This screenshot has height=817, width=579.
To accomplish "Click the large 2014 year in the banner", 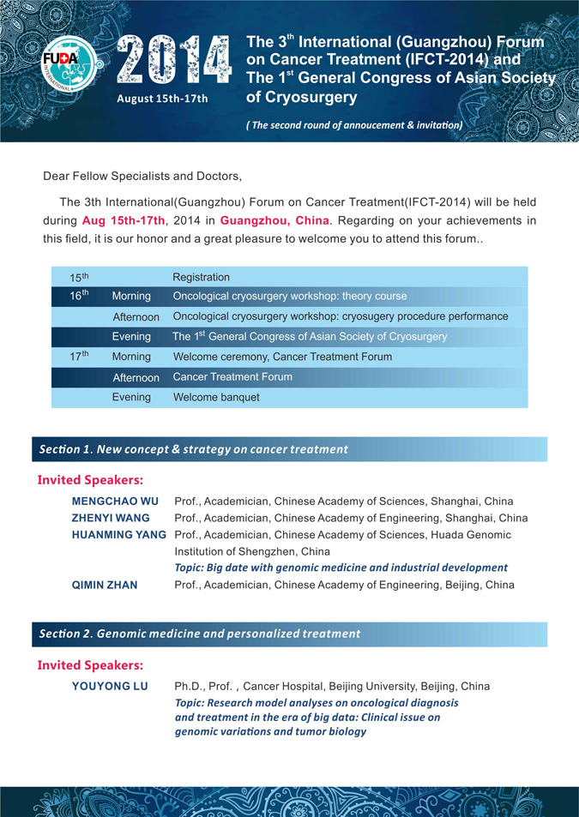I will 174,61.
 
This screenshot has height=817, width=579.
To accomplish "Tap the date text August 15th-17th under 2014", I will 163,99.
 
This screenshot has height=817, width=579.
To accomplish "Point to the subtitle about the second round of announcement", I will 354,125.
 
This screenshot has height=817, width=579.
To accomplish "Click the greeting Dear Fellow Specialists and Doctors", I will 142,177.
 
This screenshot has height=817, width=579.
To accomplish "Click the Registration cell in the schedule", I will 202,277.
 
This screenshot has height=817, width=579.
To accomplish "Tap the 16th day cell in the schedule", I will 80,296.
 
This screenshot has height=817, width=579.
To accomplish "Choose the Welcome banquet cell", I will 216,398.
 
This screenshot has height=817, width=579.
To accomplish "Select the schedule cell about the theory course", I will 290,297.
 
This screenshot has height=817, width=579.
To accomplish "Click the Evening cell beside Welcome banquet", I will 131,398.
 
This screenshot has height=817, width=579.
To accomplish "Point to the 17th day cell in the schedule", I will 80,356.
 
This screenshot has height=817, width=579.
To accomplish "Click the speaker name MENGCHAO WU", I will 103,502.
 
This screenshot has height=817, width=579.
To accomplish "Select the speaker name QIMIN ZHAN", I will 105,585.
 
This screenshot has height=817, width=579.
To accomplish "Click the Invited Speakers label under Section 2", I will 90,665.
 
